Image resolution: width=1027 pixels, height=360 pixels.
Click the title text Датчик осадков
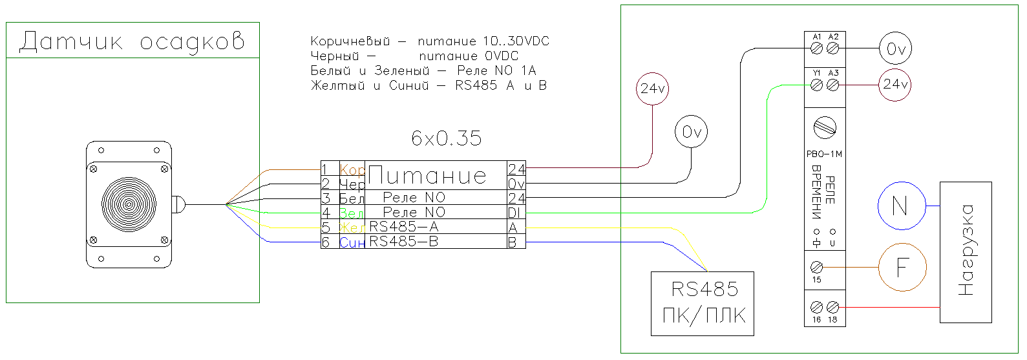point(132,41)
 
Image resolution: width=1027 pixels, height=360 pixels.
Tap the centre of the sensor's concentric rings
point(129,205)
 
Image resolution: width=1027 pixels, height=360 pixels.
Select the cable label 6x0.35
point(446,138)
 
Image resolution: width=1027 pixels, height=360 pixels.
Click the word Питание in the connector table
point(427,176)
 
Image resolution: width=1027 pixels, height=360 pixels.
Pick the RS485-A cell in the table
point(404,227)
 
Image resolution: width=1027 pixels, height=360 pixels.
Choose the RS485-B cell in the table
point(404,242)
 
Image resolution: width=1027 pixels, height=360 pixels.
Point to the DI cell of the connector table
point(516,213)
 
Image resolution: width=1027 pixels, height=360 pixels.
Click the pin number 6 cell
point(326,242)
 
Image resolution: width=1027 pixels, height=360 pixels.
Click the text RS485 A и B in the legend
point(501,85)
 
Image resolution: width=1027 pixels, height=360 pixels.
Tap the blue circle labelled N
point(901,206)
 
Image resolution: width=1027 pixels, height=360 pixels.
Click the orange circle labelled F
point(902,267)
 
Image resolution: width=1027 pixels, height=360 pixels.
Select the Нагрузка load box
point(966,252)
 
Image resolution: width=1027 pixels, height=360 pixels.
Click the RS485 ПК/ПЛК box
point(703,303)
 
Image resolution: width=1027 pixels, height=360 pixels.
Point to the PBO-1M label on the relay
point(824,154)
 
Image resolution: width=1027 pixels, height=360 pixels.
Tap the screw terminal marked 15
point(817,267)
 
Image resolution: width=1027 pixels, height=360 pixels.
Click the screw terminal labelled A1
point(817,48)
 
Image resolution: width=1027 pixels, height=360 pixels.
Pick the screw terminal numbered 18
point(832,308)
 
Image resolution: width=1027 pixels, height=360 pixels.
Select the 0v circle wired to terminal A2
point(895,48)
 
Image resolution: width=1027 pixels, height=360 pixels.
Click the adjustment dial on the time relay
point(825,127)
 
